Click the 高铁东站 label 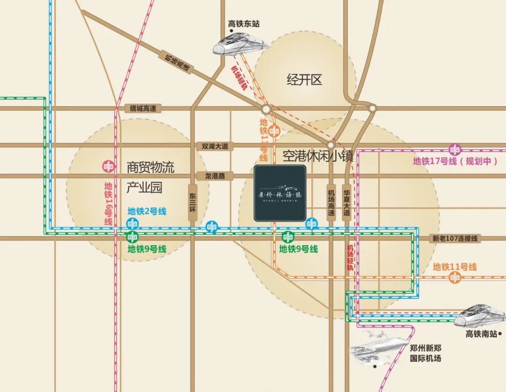244,23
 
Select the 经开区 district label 305,80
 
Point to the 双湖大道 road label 215,146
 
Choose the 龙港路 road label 215,176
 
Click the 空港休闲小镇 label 318,156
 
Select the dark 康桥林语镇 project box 280,193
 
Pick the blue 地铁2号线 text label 147,211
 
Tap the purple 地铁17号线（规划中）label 454,162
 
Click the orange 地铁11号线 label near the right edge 454,267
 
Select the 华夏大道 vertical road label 347,202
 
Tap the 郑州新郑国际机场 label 425,354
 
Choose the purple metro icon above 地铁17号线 454,150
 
